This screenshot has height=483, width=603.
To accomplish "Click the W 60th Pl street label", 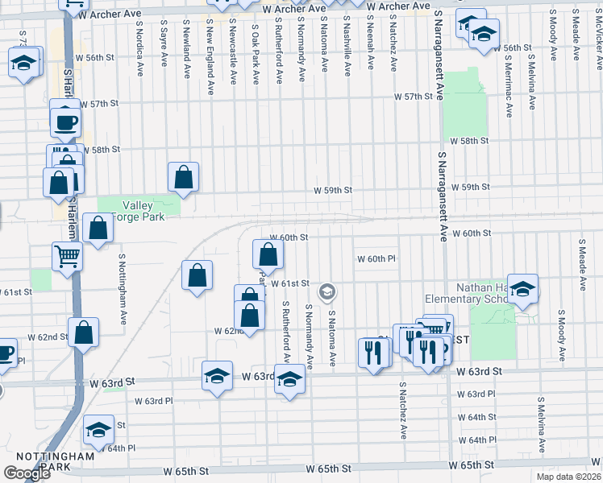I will pyautogui.click(x=376, y=259).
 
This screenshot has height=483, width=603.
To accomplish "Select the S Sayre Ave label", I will pyautogui.click(x=164, y=43).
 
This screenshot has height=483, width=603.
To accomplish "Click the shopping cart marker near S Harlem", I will pyautogui.click(x=68, y=256).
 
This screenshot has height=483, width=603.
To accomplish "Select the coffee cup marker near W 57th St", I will pyautogui.click(x=65, y=122).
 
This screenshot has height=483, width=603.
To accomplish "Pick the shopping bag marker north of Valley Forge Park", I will pyautogui.click(x=184, y=178).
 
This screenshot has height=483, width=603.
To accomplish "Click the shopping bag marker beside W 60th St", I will pyautogui.click(x=268, y=254).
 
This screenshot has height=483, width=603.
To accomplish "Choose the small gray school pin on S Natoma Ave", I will pyautogui.click(x=327, y=291).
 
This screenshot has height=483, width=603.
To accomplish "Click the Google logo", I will pyautogui.click(x=27, y=473).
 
